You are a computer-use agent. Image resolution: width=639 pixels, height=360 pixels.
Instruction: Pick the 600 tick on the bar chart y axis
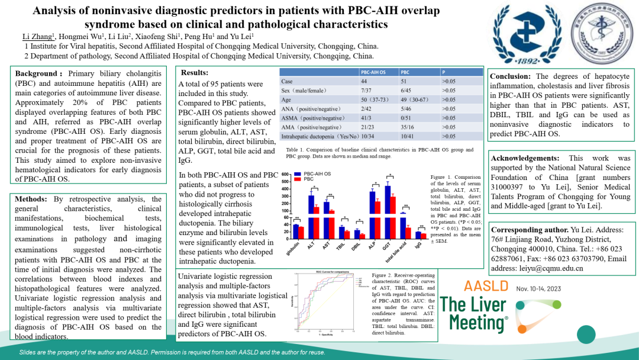(285, 175)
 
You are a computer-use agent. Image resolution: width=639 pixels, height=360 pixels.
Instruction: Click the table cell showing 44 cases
(364, 81)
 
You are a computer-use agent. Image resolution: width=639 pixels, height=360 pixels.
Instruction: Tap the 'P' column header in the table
(444, 72)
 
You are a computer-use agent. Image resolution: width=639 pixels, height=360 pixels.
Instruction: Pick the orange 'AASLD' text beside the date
(486, 287)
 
